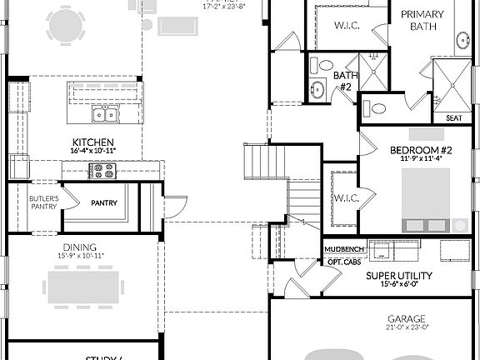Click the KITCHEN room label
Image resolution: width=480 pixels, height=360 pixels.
click(93, 142)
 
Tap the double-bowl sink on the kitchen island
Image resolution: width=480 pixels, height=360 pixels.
click(104, 115)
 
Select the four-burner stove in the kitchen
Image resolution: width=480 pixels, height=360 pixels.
click(102, 172)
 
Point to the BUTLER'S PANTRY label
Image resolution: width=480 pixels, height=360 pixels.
click(42, 202)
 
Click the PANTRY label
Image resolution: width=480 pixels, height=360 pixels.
click(104, 202)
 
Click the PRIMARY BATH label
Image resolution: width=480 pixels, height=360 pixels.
click(422, 20)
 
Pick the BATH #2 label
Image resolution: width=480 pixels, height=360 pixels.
click(345, 80)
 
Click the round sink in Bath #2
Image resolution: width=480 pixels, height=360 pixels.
click(317, 89)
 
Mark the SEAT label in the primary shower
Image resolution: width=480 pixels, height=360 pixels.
click(454, 118)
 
